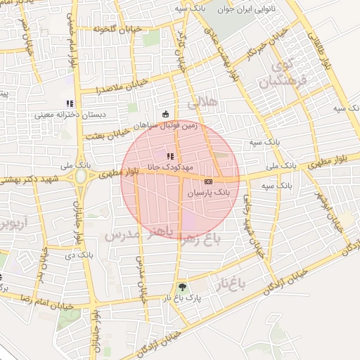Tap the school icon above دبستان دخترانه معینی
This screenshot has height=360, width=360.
click(x=70, y=104)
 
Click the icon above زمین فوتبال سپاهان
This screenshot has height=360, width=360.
click(x=165, y=114)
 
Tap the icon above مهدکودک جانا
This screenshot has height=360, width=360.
click(x=169, y=156)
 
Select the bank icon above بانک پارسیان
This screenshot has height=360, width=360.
click(x=207, y=181)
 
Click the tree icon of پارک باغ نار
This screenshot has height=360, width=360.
click(x=183, y=287)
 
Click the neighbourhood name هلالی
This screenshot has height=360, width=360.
click(x=202, y=104)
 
